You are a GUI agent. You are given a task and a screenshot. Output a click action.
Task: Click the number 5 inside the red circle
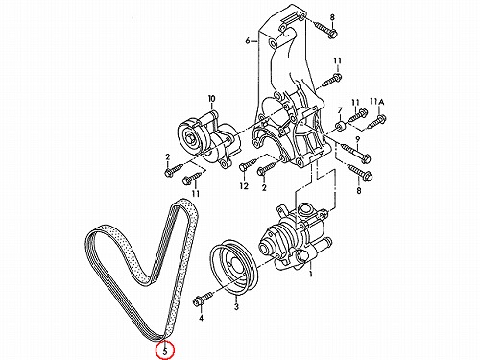pos(165,351)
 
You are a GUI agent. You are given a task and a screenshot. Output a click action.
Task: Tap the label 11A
pos(377,102)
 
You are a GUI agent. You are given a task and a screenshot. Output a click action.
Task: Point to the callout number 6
pos(248,41)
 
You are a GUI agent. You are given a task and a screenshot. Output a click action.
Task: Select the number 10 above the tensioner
pos(212,99)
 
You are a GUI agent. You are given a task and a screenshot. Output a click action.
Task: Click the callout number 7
pos(340,110)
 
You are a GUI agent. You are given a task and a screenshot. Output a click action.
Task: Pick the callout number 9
pos(358,139)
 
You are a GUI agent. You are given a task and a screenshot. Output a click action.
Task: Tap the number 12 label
pos(244,186)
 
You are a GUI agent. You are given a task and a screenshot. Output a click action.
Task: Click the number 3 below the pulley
pos(236,307)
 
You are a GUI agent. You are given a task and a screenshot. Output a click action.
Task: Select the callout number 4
pos(201,318)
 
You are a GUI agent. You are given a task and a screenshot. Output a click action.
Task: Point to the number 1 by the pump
pos(310,274)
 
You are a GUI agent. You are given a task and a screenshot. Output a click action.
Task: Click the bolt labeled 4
pos(203,298)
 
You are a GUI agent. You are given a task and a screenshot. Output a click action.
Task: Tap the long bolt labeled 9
pos(356,153)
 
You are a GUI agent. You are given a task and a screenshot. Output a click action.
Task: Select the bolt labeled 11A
pos(377,122)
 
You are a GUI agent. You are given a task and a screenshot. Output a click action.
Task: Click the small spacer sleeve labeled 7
pos(340,126)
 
